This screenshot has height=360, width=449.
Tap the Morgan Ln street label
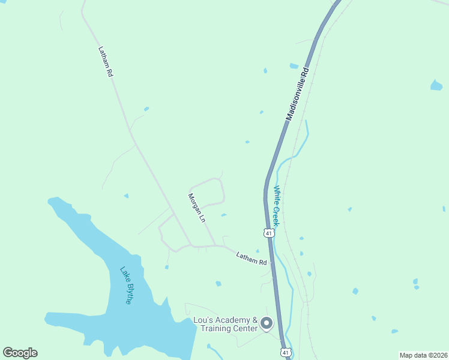[197, 208]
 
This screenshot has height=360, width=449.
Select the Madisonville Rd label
[297, 94]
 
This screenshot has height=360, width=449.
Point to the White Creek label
[280, 206]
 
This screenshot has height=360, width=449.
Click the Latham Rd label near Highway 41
[251, 258]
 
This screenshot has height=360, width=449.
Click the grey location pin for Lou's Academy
[267, 323]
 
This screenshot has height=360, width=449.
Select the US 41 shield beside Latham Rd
[270, 232]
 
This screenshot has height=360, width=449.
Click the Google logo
[20, 353]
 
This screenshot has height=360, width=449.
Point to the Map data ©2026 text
[423, 355]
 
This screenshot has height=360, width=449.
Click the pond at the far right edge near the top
[436, 85]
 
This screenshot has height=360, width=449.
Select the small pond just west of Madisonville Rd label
[294, 66]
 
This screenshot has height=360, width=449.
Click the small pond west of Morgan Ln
[126, 196]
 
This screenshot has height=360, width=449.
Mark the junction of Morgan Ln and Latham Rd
[214, 245]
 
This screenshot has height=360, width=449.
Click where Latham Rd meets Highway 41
[272, 263]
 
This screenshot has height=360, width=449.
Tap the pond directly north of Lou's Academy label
[218, 283]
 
